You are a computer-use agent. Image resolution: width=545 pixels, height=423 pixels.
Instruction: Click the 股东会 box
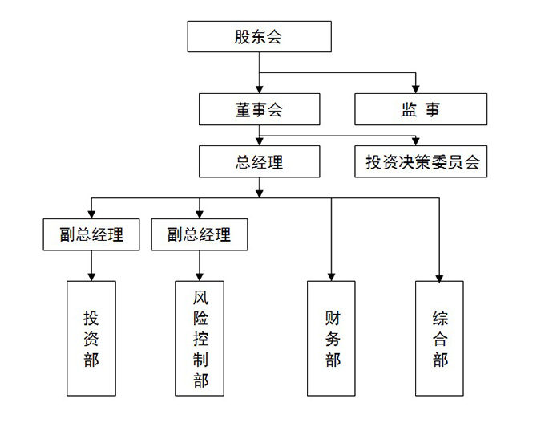coord(258,37)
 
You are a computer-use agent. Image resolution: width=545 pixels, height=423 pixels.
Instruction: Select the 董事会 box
coord(258,110)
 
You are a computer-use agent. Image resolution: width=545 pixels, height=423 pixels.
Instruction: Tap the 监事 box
coord(420,110)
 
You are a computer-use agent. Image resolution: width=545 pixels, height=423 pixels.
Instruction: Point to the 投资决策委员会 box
coord(421,161)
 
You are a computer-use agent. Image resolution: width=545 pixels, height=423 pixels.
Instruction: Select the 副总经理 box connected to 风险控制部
coord(199,234)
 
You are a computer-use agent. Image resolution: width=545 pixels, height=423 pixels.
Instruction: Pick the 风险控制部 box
coord(200,338)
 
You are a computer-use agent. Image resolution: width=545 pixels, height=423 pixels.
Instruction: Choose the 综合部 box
coord(439,338)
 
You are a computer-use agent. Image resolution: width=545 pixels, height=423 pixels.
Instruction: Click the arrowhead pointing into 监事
coord(415,87)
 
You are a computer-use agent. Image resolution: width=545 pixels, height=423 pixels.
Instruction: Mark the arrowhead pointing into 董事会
coord(258,87)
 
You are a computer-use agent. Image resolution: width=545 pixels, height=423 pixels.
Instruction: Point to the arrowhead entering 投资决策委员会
coord(415,140)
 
